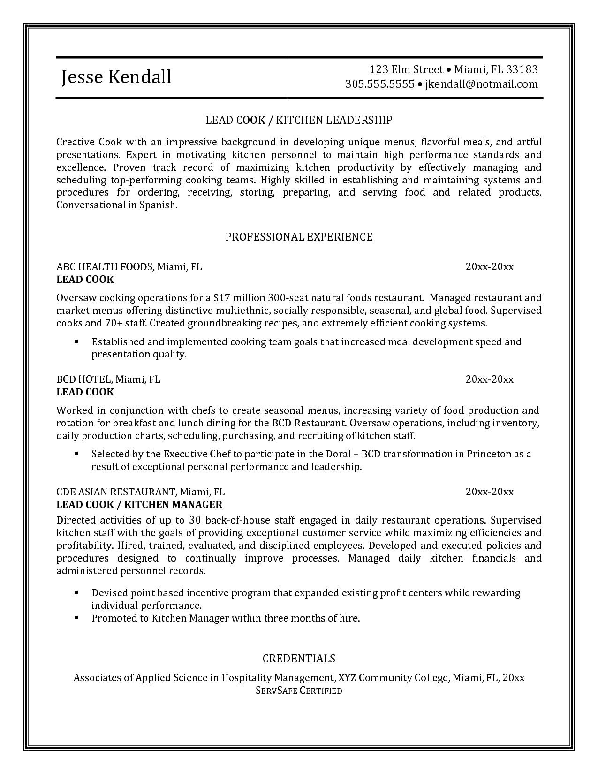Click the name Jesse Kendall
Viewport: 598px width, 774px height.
pos(116,77)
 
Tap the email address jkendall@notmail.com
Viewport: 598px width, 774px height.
pos(481,84)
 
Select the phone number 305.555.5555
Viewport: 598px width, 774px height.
pos(380,84)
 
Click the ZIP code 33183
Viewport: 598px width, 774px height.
pos(522,69)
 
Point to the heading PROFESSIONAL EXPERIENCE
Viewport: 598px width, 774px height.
pos(299,237)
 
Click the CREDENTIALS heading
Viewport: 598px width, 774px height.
pos(299,659)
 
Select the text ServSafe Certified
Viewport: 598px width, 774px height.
pos(299,691)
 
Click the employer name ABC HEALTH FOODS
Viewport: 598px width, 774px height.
pos(105,267)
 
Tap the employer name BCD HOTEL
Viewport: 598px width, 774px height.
pos(84,379)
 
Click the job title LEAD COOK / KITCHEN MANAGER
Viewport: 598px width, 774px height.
pos(139,504)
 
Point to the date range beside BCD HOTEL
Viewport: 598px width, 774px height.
pos(489,379)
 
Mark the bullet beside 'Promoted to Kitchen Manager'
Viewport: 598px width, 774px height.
pos(76,618)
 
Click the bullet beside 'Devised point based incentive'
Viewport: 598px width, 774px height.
pos(76,593)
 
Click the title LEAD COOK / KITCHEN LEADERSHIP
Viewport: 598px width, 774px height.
pos(299,120)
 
